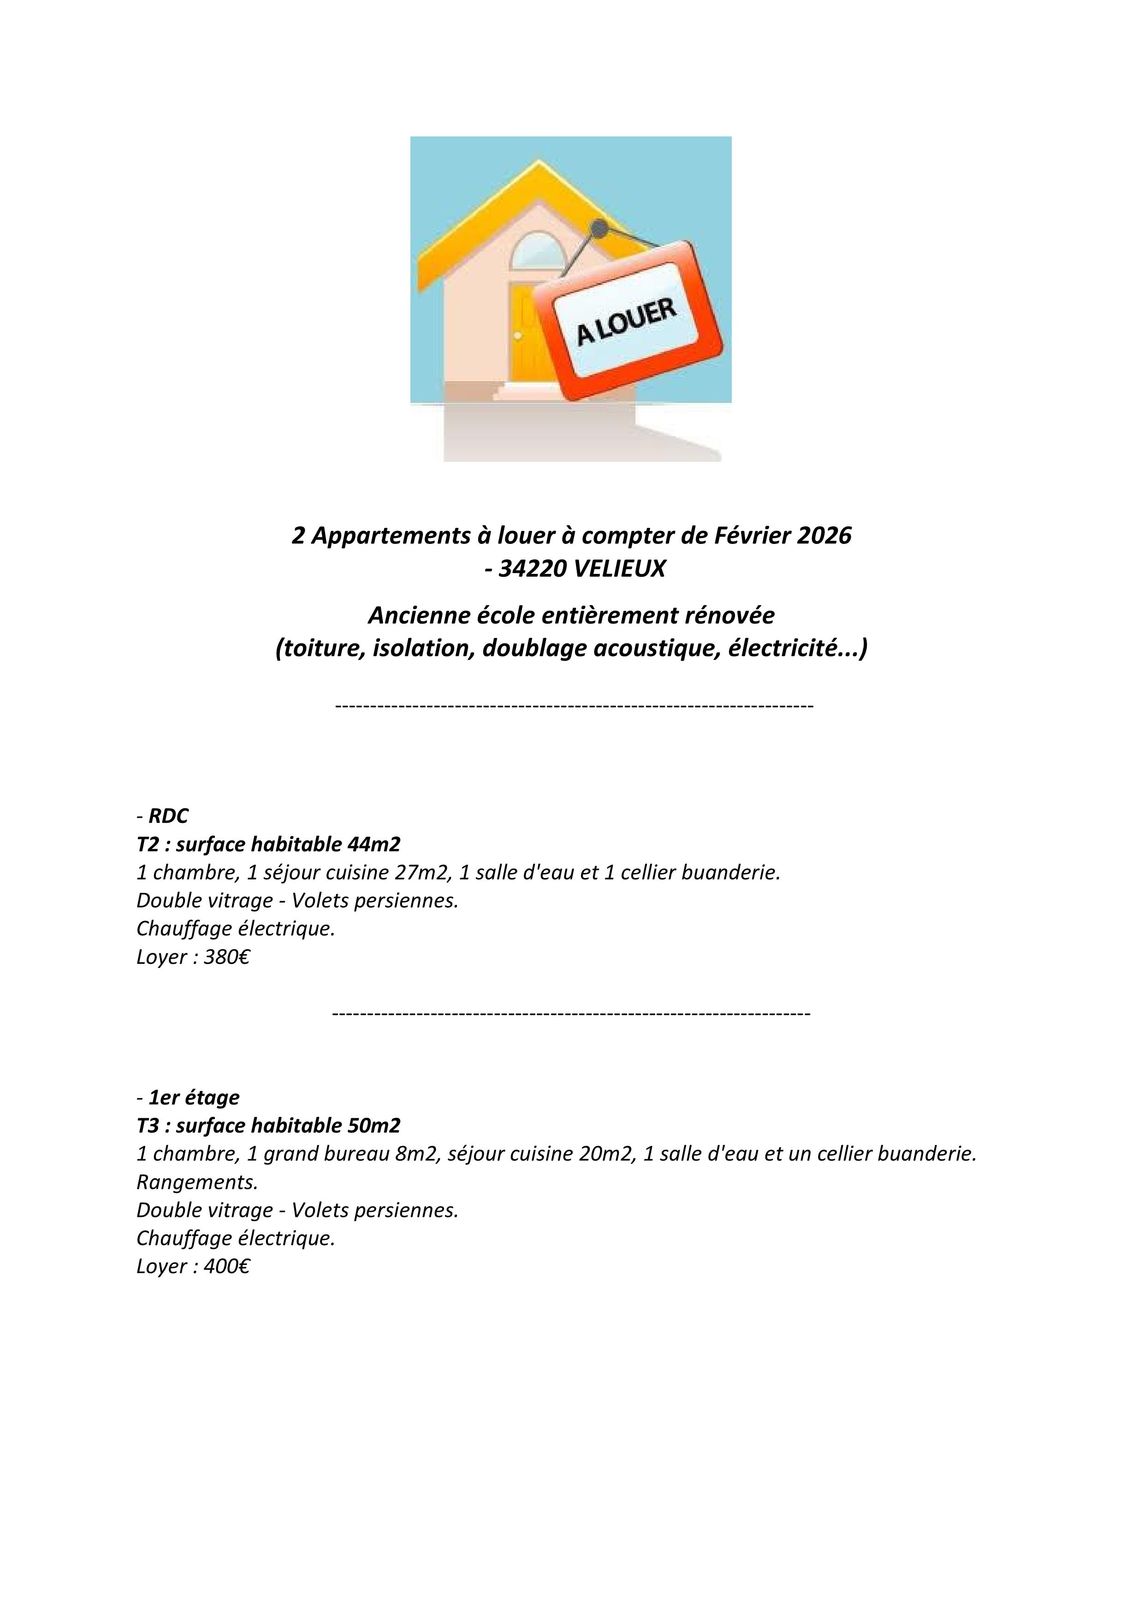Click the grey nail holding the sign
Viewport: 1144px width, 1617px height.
(599, 228)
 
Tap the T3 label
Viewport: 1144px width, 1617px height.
(148, 1126)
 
